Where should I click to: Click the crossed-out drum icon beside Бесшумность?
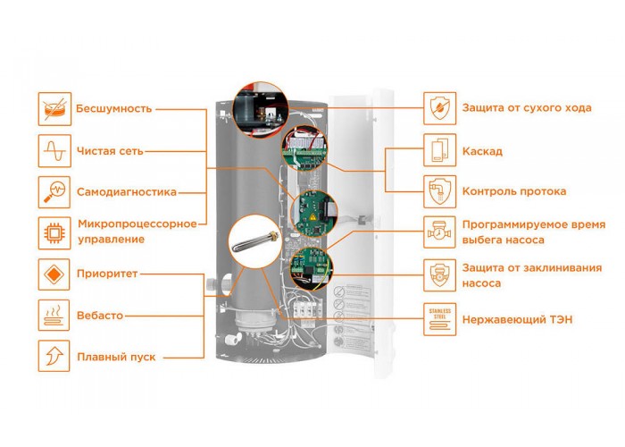tap(54, 108)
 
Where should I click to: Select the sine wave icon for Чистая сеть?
tap(54, 151)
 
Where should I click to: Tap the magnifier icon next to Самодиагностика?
tap(54, 192)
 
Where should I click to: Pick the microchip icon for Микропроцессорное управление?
tap(54, 233)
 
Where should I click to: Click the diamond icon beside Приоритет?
tap(54, 274)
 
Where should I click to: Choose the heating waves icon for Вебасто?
tap(54, 316)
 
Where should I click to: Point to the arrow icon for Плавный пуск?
tap(54, 356)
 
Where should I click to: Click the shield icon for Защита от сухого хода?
tap(439, 108)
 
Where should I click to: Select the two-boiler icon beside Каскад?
tap(439, 150)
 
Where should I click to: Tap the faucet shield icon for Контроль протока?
tap(439, 191)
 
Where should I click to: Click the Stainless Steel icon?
tap(439, 319)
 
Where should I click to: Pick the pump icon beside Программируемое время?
tap(439, 232)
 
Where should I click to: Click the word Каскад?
tap(482, 152)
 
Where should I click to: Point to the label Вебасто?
tap(100, 316)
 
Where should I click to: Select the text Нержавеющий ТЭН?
tap(517, 320)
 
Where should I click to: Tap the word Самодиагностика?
tap(127, 192)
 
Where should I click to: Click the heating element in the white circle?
tap(255, 241)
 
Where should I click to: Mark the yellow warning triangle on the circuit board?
tap(312, 217)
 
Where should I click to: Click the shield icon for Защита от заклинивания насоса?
tap(439, 275)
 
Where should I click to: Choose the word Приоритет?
tap(107, 274)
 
